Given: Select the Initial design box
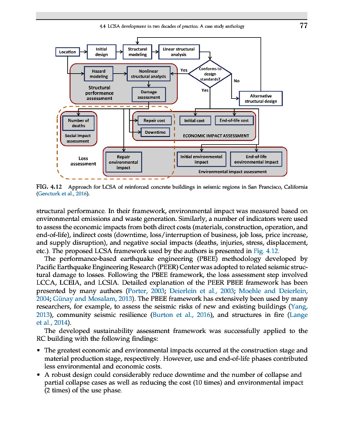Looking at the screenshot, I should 101,52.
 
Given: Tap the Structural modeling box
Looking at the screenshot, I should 138,52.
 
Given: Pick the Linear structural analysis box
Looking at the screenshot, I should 178,52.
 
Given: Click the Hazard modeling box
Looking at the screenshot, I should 99,74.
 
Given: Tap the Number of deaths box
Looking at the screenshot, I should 78,122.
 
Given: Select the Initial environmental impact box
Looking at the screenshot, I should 201,159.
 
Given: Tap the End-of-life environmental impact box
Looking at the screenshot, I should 256,159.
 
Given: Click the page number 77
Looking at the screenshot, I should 303,26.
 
